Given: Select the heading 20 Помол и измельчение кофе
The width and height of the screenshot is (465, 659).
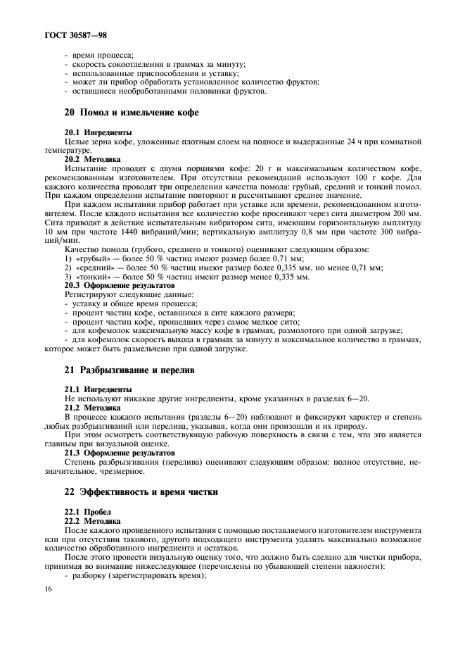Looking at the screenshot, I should [x=131, y=113].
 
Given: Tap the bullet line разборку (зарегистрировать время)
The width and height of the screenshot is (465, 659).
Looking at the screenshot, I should [x=138, y=576].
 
